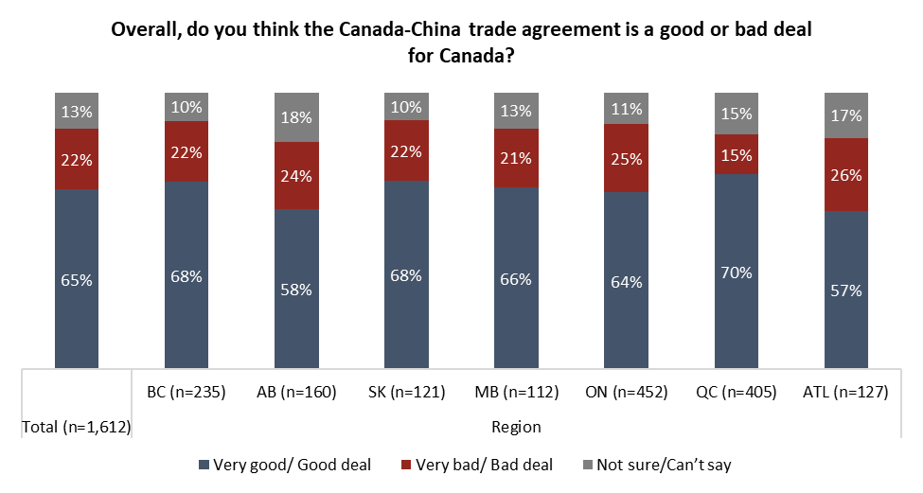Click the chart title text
click(x=461, y=43)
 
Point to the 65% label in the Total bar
click(x=77, y=280)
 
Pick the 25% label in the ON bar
click(x=627, y=158)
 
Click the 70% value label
click(x=737, y=273)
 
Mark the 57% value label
click(x=846, y=291)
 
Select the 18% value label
click(x=296, y=117)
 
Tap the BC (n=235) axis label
click(x=186, y=393)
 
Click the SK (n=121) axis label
click(x=406, y=393)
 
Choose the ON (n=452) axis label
click(x=626, y=393)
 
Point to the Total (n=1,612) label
click(x=77, y=427)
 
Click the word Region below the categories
click(x=516, y=427)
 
